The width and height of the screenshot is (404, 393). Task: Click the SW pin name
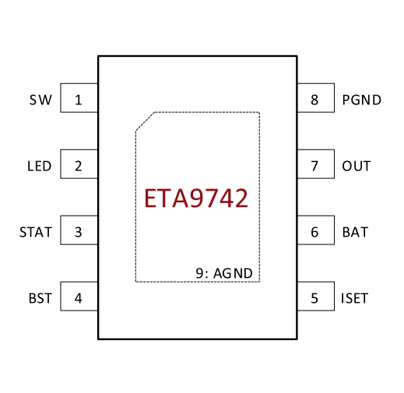[x=40, y=100]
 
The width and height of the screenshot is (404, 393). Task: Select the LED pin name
[x=40, y=166]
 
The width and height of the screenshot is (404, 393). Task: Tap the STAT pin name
[x=36, y=232]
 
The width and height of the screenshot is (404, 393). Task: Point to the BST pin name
[x=40, y=298]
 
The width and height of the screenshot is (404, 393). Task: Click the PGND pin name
[x=362, y=100]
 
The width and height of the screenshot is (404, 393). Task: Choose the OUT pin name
[x=357, y=166]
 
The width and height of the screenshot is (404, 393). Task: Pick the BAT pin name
[x=355, y=232]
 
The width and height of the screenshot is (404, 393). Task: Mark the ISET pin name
[x=354, y=298]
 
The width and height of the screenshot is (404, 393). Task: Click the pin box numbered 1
[x=79, y=98]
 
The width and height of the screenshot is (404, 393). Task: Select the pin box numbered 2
[x=79, y=164]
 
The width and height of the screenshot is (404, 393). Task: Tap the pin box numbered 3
[x=79, y=230]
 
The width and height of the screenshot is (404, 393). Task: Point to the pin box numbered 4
[x=79, y=297]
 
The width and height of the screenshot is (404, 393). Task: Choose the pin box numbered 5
[x=316, y=297]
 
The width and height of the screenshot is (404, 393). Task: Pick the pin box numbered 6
[x=316, y=230]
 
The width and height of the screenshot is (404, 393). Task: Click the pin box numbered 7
[x=316, y=164]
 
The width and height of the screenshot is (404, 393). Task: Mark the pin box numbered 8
[x=316, y=98]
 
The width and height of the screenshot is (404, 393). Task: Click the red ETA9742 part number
[x=196, y=198]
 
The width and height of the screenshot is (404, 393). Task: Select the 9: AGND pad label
[x=224, y=273]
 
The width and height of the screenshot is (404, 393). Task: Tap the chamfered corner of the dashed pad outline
[x=145, y=121]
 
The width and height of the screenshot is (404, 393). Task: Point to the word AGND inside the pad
[x=233, y=273]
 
